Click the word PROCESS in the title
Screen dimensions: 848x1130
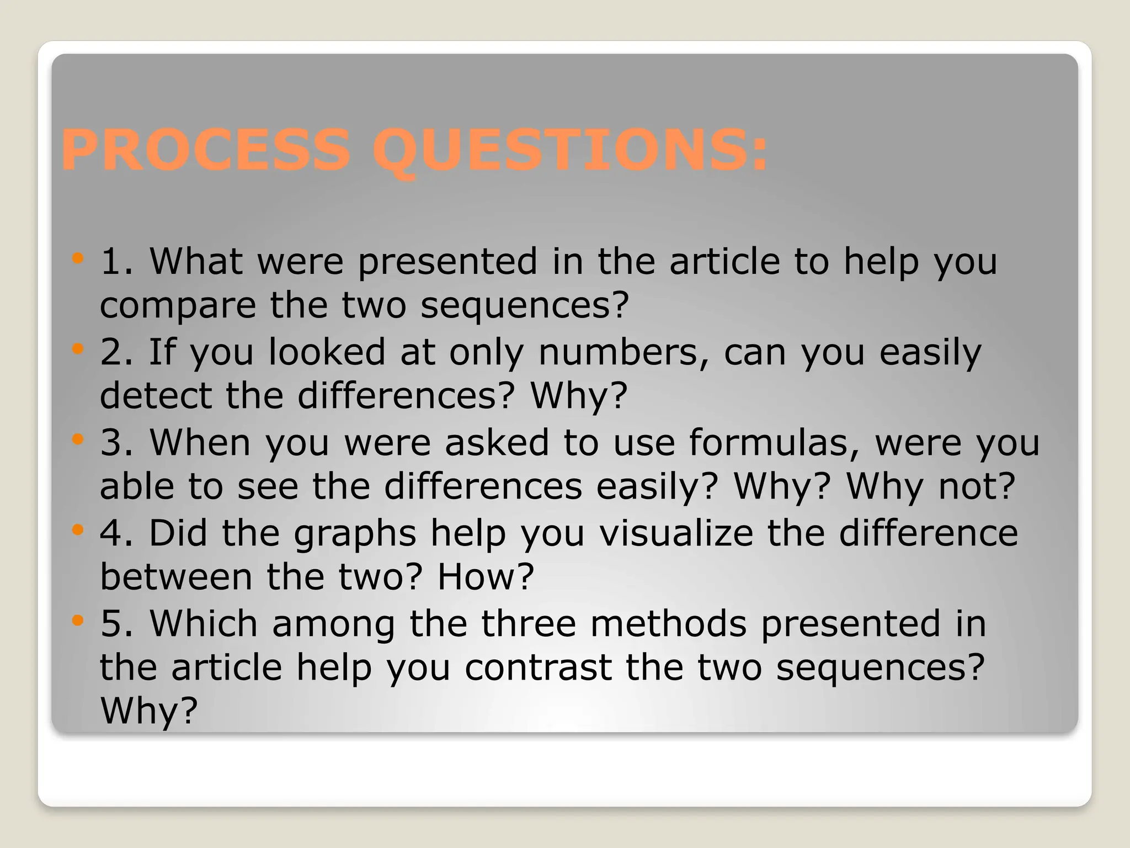pos(206,150)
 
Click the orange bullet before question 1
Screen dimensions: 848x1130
pos(78,258)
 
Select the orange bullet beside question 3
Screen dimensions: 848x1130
pos(78,439)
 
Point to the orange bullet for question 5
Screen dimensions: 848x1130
pos(78,621)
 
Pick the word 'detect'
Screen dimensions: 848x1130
pos(156,396)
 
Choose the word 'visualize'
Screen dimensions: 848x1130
pos(676,533)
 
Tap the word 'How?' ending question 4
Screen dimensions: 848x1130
pos(486,577)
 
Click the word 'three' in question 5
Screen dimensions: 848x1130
pos(529,624)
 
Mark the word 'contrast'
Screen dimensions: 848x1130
pos(538,667)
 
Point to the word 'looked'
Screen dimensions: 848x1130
pos(327,352)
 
